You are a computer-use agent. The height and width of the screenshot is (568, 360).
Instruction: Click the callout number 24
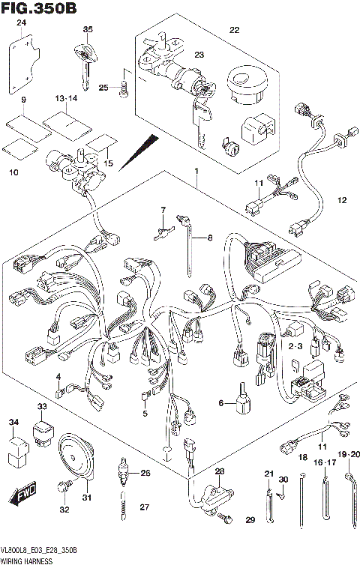click(x=22, y=24)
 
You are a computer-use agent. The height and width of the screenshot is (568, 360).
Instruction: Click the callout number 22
click(x=233, y=30)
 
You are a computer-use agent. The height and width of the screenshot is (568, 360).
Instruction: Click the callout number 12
click(x=342, y=201)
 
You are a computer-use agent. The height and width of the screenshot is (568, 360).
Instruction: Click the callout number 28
click(x=219, y=471)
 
